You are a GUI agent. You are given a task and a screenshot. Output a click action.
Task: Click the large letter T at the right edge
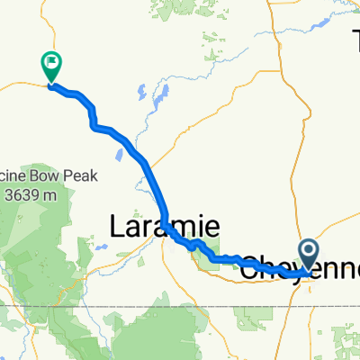click(355, 40)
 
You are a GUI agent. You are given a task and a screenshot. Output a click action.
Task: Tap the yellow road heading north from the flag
click(56, 36)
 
